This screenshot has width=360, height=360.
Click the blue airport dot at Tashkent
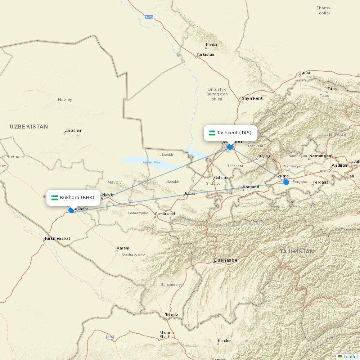pos(230,147)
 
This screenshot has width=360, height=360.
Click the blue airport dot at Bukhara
pos(71,210)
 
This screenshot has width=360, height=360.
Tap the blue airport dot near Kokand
pos(286,182)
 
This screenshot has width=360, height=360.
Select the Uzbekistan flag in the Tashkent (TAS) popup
pos(212,133)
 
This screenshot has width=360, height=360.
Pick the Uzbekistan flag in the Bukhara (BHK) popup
pos(55,198)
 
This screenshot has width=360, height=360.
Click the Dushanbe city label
pos(225,260)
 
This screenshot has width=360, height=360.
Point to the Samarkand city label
pos(165,214)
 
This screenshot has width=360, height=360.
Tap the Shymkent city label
pos(252,98)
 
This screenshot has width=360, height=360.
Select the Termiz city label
pos(171,315)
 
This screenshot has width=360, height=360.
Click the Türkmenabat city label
pos(57,238)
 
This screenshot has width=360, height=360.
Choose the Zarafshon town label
pos(73,130)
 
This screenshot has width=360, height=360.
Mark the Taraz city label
pos(305,72)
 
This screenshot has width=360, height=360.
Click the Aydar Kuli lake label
pos(151,162)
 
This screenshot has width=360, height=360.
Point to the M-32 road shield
pos(149,17)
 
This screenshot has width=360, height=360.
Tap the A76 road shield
pos(110,337)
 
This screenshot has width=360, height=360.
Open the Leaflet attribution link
pos(350,356)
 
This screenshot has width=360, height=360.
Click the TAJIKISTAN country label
pos(297,251)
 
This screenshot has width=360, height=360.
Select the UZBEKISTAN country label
pos(29,127)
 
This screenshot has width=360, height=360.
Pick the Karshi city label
pos(123,248)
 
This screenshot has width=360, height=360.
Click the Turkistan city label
pos(205,54)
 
